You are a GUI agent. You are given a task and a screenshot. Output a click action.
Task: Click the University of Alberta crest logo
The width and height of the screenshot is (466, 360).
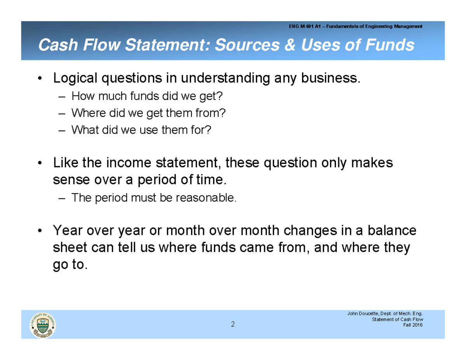tap(43, 325)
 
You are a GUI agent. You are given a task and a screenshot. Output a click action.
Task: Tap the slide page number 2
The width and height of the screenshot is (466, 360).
tap(233, 325)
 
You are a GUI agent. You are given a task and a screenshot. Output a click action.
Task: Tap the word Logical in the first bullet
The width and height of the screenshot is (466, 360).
tap(75, 78)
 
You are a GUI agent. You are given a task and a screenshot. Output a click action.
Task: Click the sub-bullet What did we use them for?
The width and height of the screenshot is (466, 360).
tap(141, 130)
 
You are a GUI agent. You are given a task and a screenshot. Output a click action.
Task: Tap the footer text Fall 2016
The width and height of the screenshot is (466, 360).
tap(413, 325)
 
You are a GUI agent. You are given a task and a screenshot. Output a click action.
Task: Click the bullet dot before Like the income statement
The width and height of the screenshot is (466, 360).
tap(40, 163)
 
